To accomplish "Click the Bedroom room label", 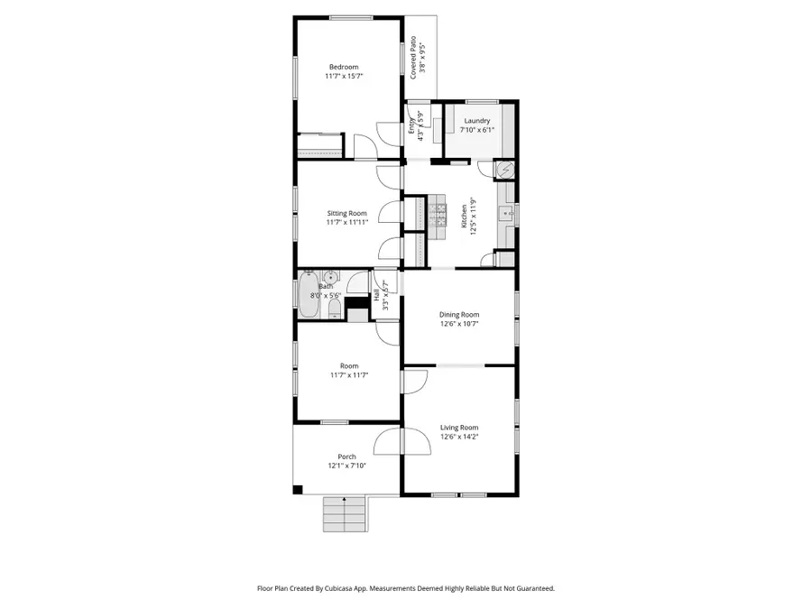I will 343,67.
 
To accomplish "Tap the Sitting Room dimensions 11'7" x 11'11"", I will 347,223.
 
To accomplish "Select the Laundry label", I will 477,121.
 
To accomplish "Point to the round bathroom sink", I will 330,278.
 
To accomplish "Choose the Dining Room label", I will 459,314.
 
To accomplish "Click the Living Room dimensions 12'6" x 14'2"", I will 459,437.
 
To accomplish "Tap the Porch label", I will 346,457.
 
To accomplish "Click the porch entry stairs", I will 346,516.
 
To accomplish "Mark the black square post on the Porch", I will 297,490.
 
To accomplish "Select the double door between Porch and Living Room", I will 401,444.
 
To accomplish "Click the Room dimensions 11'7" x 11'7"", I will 347,374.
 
